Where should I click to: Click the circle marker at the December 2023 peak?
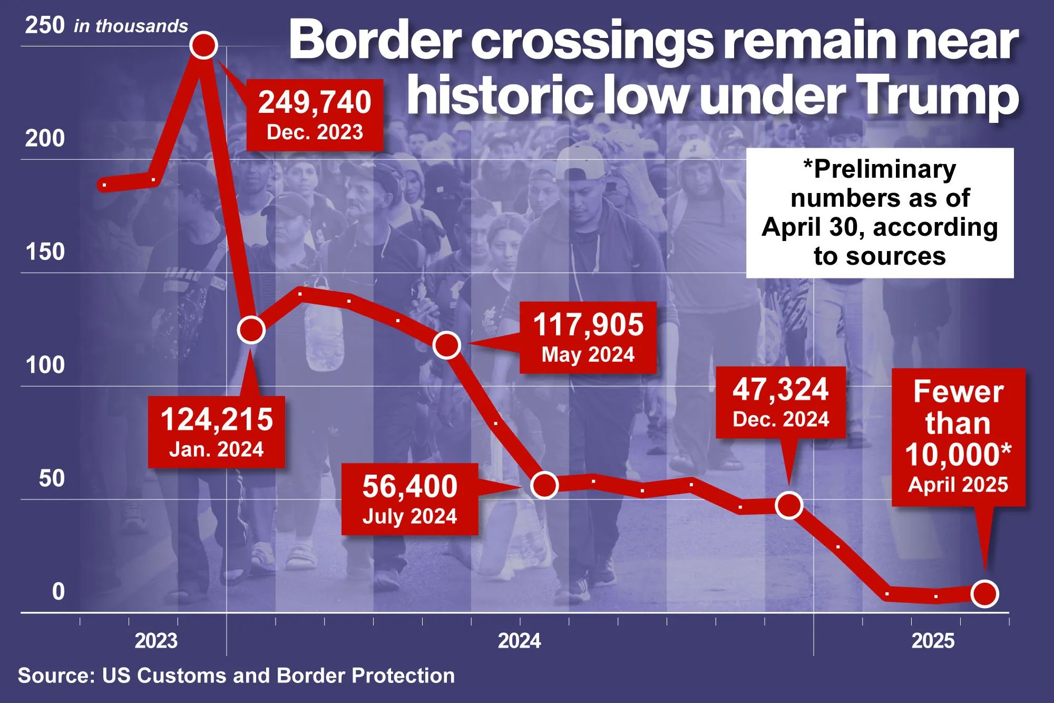click(x=204, y=45)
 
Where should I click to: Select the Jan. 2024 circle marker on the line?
click(x=251, y=330)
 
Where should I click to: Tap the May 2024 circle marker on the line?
click(x=447, y=345)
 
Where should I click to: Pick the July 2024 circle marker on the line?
click(x=544, y=485)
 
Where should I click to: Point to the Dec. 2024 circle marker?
click(x=789, y=505)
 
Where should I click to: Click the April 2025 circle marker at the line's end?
click(x=984, y=594)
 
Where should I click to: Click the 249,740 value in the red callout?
click(x=315, y=102)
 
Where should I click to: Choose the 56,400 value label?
click(x=409, y=486)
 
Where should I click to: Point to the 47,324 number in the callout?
click(x=780, y=389)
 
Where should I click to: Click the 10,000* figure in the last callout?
click(x=958, y=454)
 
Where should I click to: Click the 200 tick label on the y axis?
click(x=45, y=139)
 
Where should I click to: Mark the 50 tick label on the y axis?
click(x=52, y=478)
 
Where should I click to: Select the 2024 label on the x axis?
click(x=520, y=641)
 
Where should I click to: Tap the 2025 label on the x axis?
click(x=933, y=641)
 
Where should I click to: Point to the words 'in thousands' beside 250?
click(x=131, y=26)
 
